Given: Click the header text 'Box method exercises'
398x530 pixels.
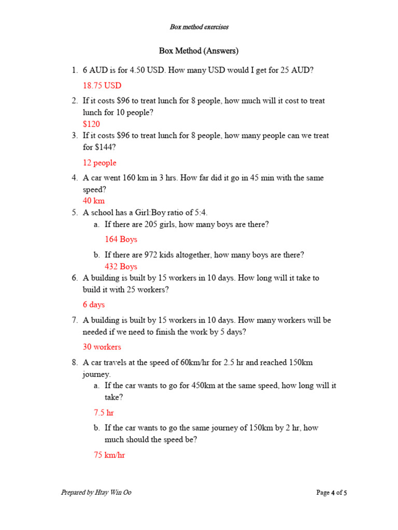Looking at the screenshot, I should [199, 27].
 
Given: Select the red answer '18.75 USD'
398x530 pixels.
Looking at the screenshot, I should [102, 85].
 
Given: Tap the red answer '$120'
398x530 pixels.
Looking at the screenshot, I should [91, 124].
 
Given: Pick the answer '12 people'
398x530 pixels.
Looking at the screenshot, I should [99, 163].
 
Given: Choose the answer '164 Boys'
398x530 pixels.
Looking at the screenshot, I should [121, 239].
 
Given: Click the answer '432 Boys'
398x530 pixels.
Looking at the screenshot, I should [121, 267].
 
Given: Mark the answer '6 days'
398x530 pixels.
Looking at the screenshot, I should [94, 305].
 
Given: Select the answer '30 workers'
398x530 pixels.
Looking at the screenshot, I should [102, 347].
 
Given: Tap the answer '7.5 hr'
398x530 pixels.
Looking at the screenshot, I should [104, 413].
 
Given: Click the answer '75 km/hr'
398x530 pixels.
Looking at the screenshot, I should [109, 455].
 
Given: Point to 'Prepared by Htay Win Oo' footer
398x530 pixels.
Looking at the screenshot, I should [96, 493].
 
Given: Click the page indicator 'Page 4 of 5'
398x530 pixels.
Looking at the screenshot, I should [332, 493].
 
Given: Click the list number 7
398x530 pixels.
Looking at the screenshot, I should [75, 320].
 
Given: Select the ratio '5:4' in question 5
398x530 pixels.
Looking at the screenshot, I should [200, 213].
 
